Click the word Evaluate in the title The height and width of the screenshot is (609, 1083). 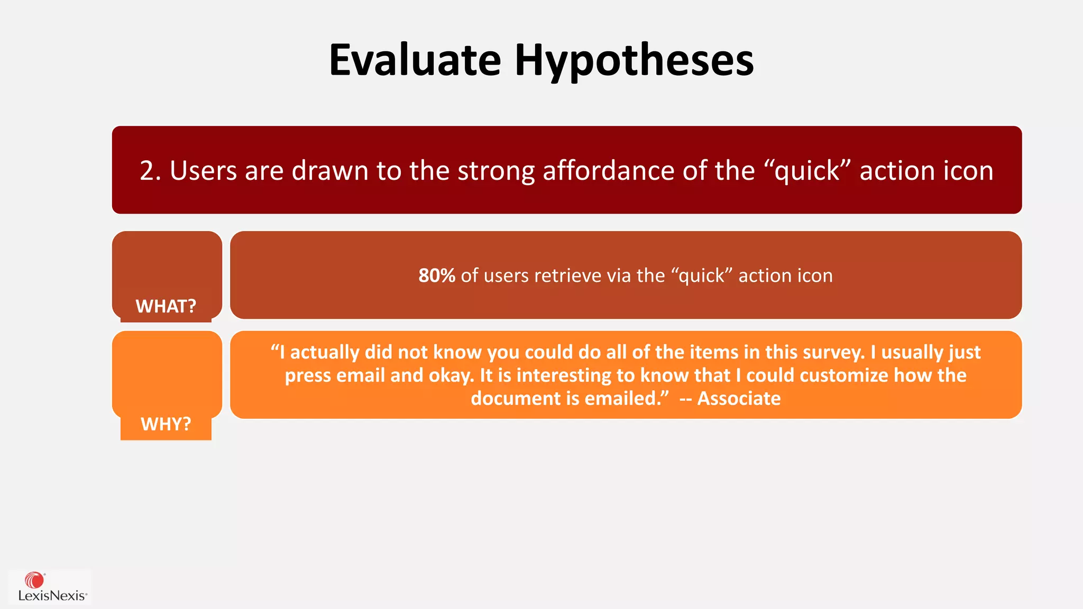pos(415,60)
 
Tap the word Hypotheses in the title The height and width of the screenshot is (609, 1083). pos(634,61)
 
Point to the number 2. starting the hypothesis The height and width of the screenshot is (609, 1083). pos(151,171)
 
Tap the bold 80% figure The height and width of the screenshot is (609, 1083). pos(436,275)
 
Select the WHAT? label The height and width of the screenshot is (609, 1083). pos(166,306)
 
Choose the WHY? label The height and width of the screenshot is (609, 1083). pos(166,424)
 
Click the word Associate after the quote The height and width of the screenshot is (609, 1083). pos(739,398)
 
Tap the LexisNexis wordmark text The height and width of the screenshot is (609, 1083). pos(52,596)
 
